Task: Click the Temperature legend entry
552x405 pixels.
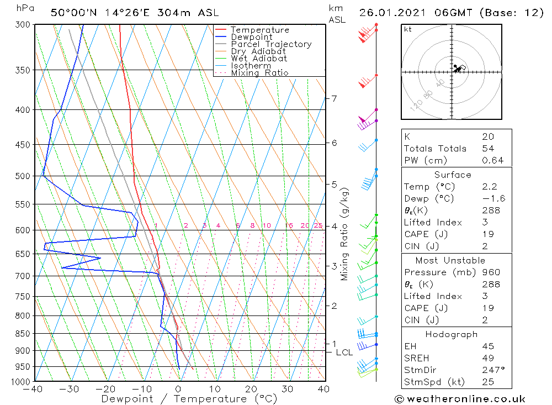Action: pos(259,30)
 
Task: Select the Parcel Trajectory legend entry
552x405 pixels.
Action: pos(271,44)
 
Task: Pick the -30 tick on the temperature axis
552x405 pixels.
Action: pos(70,390)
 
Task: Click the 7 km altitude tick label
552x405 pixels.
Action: pos(334,99)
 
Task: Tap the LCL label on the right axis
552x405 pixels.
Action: pos(344,353)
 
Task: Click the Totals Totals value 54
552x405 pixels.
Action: pos(487,149)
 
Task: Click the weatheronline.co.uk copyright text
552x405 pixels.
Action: pos(460,399)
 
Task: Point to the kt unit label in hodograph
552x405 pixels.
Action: pos(408,29)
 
